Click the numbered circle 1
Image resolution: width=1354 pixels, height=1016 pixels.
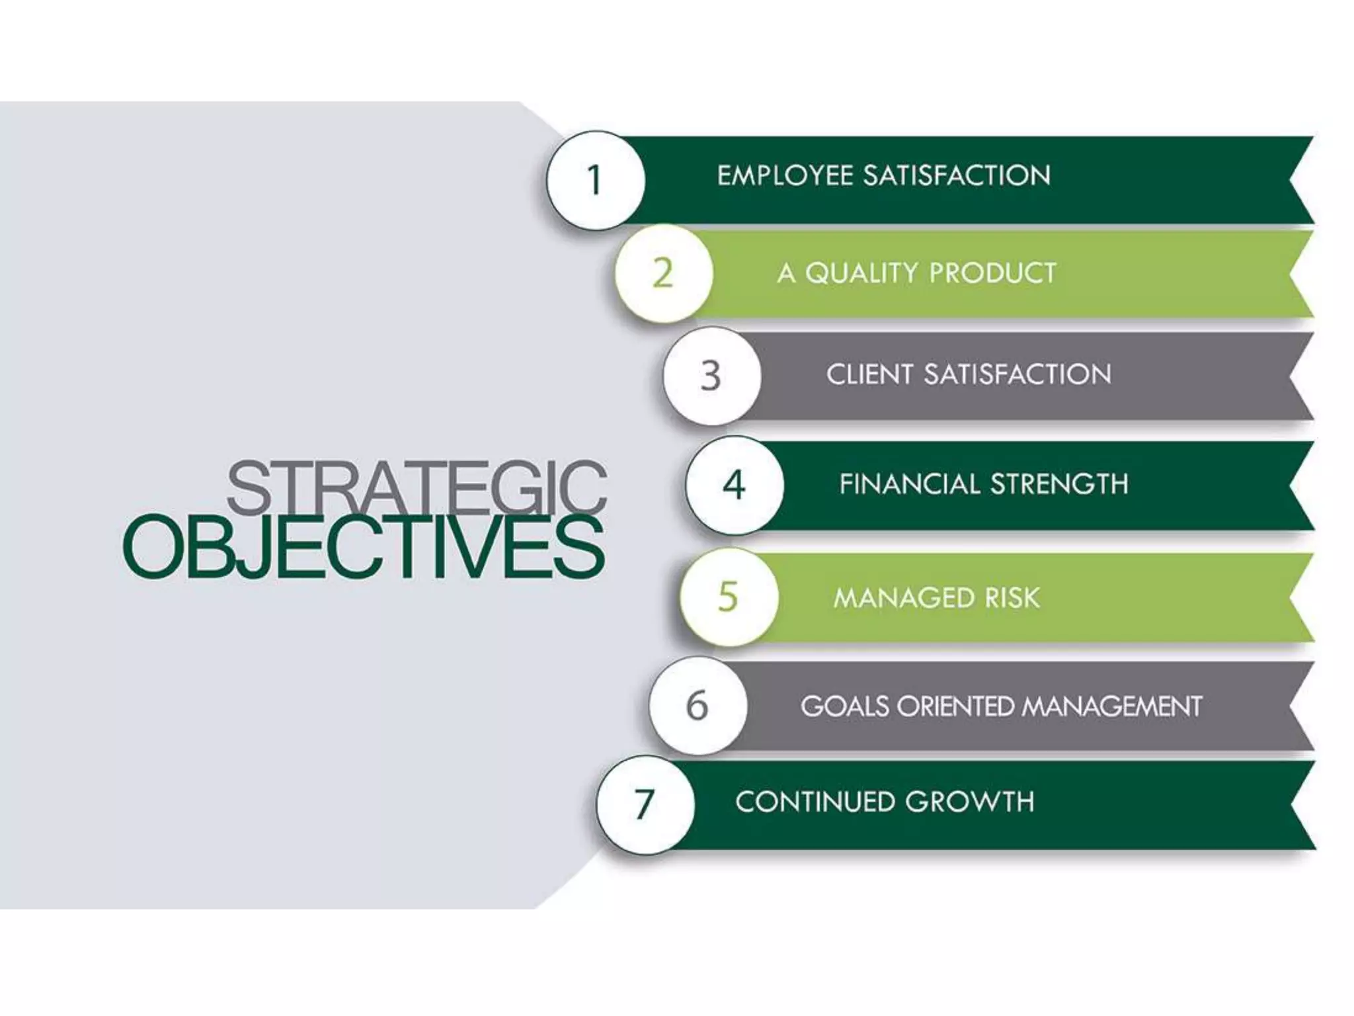click(595, 180)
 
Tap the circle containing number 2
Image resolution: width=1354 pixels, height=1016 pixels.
click(663, 273)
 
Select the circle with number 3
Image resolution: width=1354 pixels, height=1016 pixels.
click(711, 376)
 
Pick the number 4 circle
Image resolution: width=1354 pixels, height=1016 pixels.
click(734, 485)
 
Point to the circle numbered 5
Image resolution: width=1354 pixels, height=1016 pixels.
click(728, 597)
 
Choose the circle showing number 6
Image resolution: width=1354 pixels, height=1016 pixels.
click(697, 705)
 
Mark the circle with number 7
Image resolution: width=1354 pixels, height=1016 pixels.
click(645, 804)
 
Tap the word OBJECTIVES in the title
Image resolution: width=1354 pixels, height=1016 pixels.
click(364, 548)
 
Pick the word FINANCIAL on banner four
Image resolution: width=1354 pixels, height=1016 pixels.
click(910, 484)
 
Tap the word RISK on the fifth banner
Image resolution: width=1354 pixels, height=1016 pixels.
click(1012, 598)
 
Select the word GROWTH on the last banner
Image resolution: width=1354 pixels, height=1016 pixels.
click(969, 802)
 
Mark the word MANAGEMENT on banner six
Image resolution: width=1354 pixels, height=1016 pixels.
click(1111, 706)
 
